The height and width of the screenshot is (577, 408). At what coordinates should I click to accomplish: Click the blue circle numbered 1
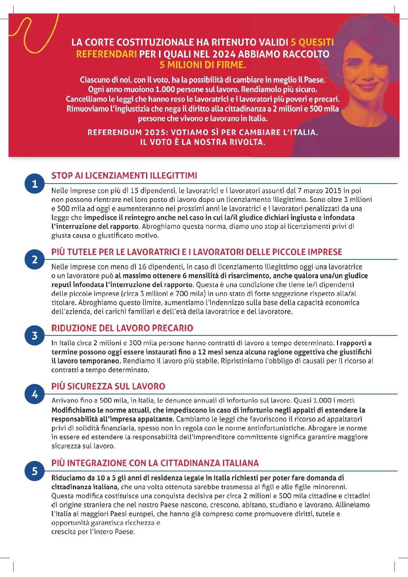click(x=35, y=184)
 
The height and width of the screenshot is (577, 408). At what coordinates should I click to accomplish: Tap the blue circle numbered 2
click(x=35, y=260)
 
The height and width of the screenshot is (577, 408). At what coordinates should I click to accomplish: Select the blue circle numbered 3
click(x=35, y=336)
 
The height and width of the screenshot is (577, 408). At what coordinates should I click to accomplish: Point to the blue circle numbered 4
click(x=35, y=394)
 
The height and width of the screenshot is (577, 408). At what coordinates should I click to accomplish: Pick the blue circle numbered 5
click(x=35, y=471)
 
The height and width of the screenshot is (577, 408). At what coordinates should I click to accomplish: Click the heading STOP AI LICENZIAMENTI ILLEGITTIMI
click(x=124, y=176)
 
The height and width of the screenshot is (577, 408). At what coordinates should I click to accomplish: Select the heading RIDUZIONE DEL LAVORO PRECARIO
click(x=122, y=328)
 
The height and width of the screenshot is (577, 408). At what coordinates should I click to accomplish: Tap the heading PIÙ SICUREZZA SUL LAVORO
click(x=108, y=386)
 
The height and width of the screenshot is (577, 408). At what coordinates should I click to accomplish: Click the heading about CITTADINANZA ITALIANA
click(x=155, y=463)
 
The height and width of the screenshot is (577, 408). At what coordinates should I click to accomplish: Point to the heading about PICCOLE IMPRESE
click(x=197, y=252)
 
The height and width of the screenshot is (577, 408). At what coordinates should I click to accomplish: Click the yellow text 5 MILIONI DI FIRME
click(x=203, y=65)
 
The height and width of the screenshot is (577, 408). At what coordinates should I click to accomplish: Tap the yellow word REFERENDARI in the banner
click(x=106, y=54)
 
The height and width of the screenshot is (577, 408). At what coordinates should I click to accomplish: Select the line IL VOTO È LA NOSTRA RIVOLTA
click(x=203, y=142)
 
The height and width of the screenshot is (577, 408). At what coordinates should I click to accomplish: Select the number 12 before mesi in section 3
click(x=202, y=352)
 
